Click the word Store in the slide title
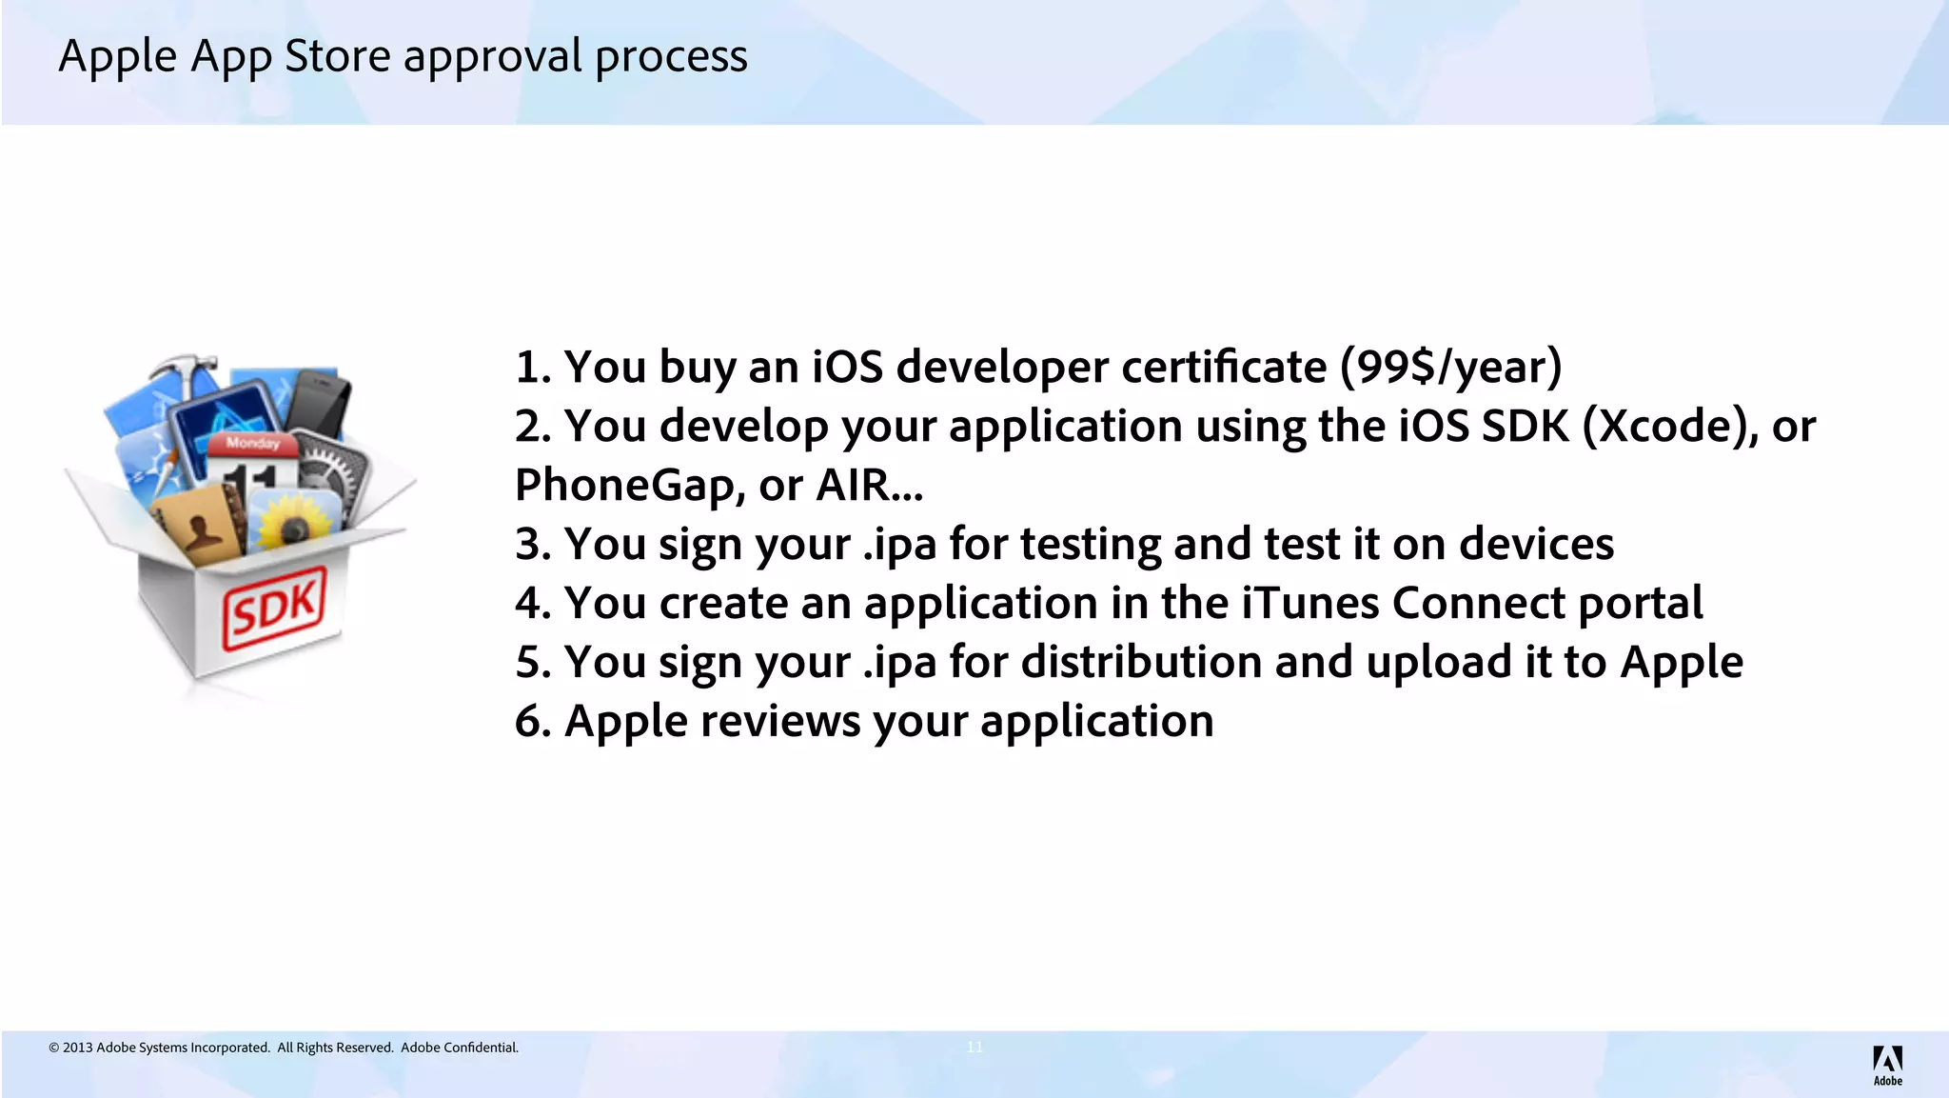[x=338, y=55]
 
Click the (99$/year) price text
[x=1450, y=367]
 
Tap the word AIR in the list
[x=852, y=485]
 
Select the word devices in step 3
[x=1536, y=544]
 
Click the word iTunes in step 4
[x=1309, y=603]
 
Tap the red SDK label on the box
[x=274, y=608]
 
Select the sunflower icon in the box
[x=293, y=522]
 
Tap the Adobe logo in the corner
[x=1887, y=1064]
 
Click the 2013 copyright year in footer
[x=78, y=1048]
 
